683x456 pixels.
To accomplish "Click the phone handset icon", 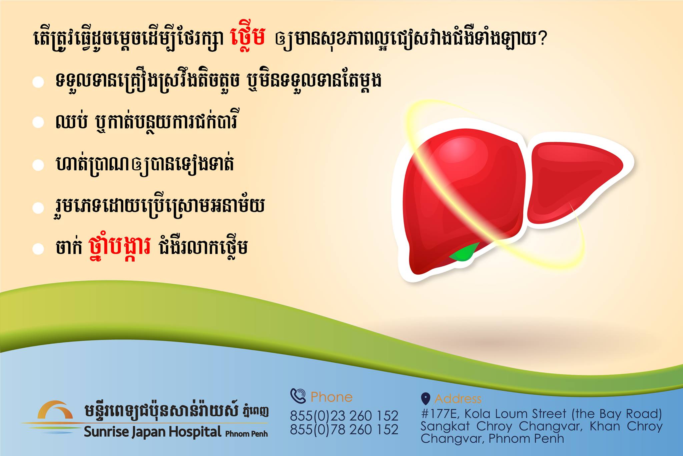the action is click(x=298, y=396).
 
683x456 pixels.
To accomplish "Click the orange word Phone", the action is click(x=331, y=397).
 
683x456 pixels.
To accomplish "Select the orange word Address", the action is click(x=458, y=399).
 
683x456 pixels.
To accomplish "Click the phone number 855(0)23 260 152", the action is click(x=344, y=416).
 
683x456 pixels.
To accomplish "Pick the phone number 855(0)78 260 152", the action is click(x=344, y=429).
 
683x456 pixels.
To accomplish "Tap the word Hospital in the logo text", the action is click(x=195, y=432).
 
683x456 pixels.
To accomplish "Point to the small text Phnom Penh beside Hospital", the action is click(x=246, y=434).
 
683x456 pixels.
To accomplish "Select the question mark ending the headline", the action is click(x=542, y=38).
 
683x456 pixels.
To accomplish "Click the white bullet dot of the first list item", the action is click(x=38, y=82).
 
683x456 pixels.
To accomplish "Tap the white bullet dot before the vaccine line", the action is click(x=38, y=249).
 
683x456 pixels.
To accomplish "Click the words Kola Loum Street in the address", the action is click(x=515, y=414).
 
